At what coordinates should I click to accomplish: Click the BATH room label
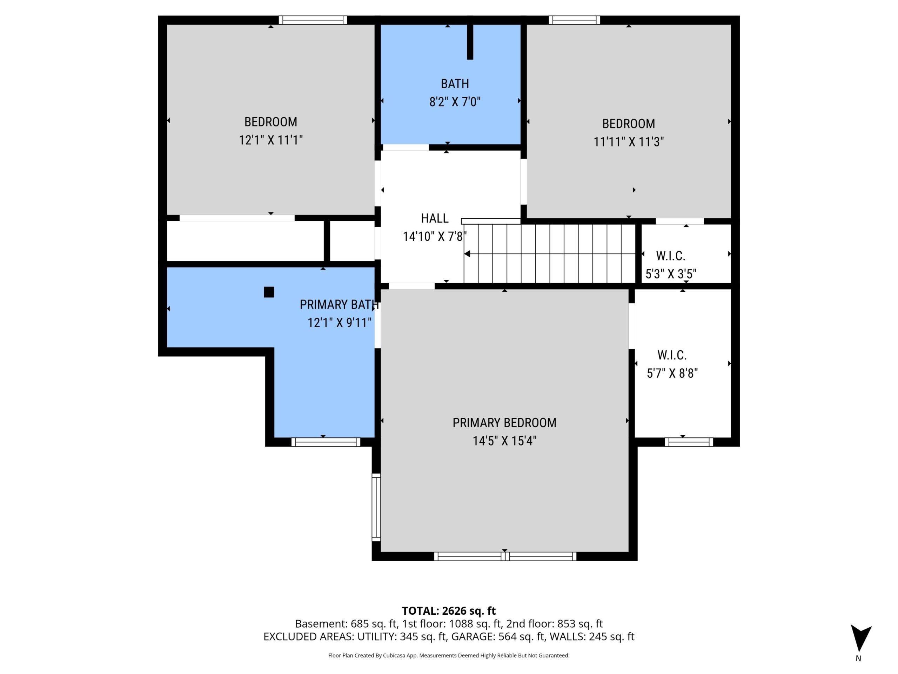pyautogui.click(x=455, y=84)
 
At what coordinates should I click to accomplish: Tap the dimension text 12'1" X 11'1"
pyautogui.click(x=271, y=140)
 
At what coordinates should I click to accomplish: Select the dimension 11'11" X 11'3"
pyautogui.click(x=629, y=142)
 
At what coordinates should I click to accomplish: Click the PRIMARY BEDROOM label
pyautogui.click(x=504, y=423)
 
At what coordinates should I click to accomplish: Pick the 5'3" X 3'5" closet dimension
pyautogui.click(x=671, y=274)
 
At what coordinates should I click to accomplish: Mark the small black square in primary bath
pyautogui.click(x=269, y=292)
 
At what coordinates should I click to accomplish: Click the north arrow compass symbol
pyautogui.click(x=861, y=639)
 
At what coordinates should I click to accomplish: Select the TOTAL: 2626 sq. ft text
pyautogui.click(x=449, y=610)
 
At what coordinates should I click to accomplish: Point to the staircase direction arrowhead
pyautogui.click(x=467, y=254)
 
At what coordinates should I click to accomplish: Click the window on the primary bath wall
pyautogui.click(x=326, y=442)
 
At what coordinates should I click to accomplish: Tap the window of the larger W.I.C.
pyautogui.click(x=689, y=442)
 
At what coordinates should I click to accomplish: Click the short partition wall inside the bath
pyautogui.click(x=470, y=42)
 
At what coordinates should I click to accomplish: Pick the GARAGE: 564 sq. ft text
pyautogui.click(x=498, y=637)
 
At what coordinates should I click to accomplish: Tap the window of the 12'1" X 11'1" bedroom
pyautogui.click(x=313, y=20)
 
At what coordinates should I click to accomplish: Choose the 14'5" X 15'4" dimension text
pyautogui.click(x=504, y=441)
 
